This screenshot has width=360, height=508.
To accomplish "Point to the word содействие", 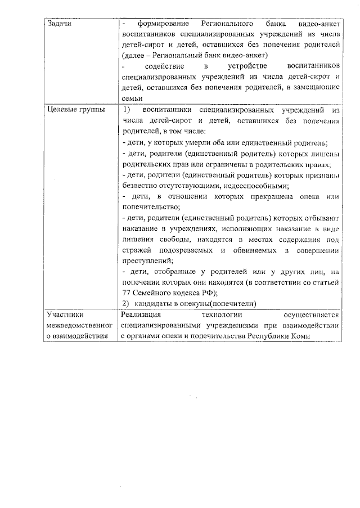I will click(162, 67).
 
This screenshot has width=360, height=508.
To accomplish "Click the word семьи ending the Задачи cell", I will click(131, 98).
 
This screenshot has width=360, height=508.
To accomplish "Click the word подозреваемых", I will click(183, 250).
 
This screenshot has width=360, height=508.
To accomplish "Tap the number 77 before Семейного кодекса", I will click(126, 293).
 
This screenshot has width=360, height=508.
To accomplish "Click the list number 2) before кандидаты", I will click(127, 304).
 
